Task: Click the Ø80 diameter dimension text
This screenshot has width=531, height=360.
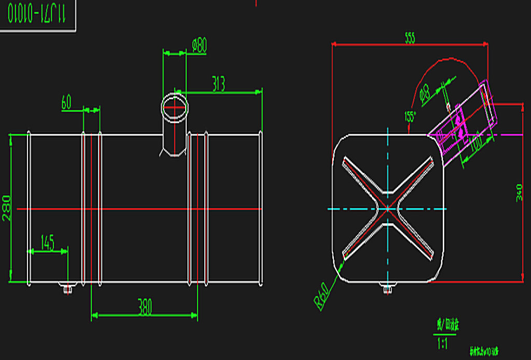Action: click(200, 46)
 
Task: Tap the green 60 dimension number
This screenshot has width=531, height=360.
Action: click(66, 102)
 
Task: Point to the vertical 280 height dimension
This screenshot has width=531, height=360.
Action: click(7, 208)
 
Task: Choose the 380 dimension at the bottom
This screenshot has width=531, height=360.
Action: click(145, 308)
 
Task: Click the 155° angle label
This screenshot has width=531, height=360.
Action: click(410, 116)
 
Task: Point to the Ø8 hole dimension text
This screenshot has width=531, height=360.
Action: click(425, 92)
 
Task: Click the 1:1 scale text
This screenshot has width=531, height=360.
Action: click(443, 343)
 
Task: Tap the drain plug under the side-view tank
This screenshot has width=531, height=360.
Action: click(67, 288)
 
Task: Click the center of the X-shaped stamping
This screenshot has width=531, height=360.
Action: click(387, 209)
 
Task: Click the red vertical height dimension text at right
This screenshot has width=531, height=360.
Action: click(520, 192)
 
